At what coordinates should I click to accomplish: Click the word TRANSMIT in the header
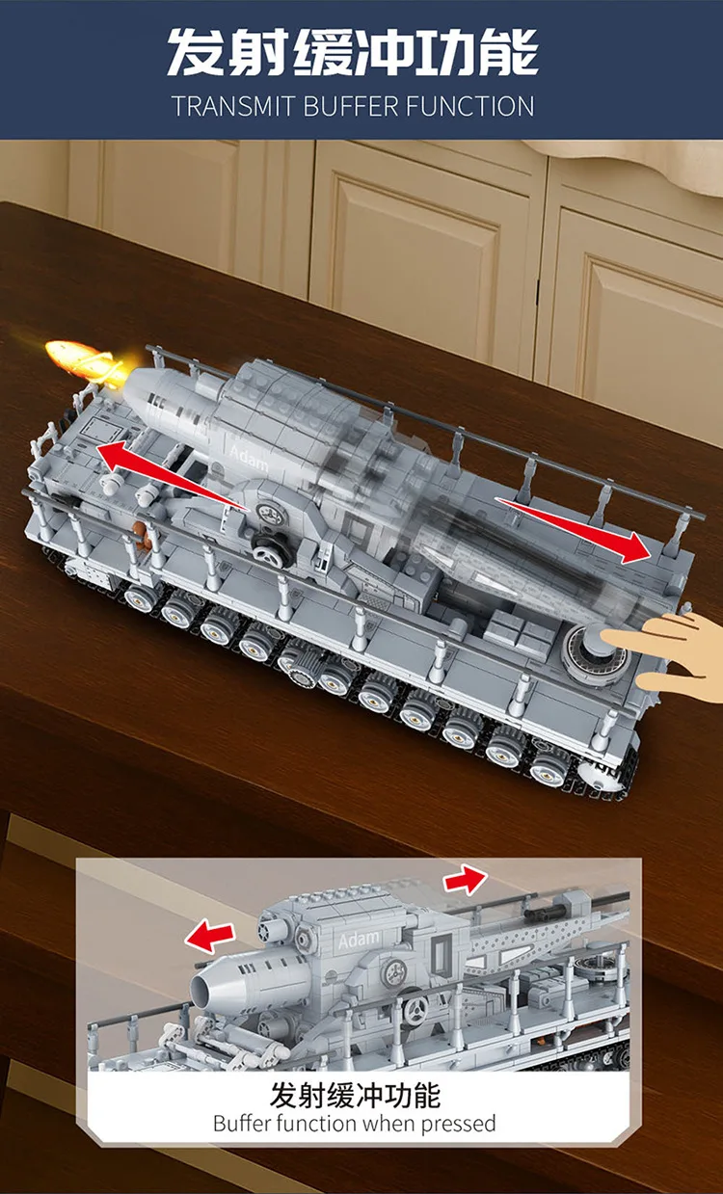click(234, 105)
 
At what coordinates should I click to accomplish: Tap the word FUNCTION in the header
click(469, 105)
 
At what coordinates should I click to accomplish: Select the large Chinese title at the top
click(353, 51)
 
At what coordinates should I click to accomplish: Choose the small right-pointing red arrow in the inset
click(465, 879)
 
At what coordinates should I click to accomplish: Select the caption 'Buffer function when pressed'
click(354, 1123)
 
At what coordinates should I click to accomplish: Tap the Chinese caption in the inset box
click(355, 1095)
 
